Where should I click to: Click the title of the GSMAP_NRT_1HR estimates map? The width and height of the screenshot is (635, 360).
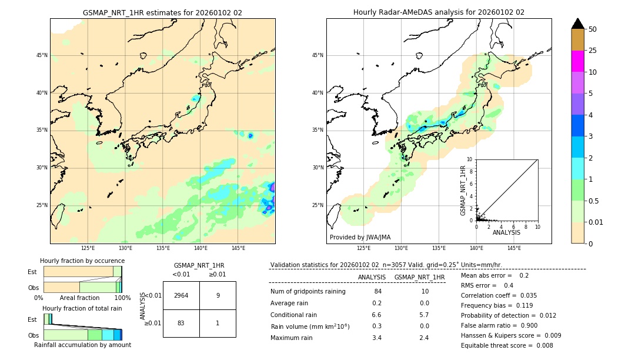point(162,12)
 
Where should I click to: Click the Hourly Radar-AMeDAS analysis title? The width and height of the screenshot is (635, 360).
point(439,12)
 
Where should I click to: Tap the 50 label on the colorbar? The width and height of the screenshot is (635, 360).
point(593,29)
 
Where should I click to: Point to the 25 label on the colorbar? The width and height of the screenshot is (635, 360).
point(593,51)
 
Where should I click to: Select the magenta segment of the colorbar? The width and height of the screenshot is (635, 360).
point(577,61)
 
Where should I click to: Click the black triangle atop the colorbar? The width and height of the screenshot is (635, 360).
point(577,24)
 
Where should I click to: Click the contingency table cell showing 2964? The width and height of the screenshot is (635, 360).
point(181,295)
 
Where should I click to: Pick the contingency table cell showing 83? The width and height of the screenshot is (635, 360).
point(181,323)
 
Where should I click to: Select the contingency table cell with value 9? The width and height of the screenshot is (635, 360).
point(218,295)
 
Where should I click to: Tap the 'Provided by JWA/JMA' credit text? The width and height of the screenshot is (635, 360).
point(360,238)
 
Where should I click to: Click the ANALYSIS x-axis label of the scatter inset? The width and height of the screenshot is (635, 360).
point(506,232)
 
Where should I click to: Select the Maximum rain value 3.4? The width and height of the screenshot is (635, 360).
point(377,338)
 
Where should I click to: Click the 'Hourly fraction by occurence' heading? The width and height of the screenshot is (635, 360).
point(82,261)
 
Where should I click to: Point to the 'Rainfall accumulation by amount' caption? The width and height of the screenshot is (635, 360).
point(82,345)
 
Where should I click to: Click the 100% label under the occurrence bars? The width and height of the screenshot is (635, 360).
point(122,298)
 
